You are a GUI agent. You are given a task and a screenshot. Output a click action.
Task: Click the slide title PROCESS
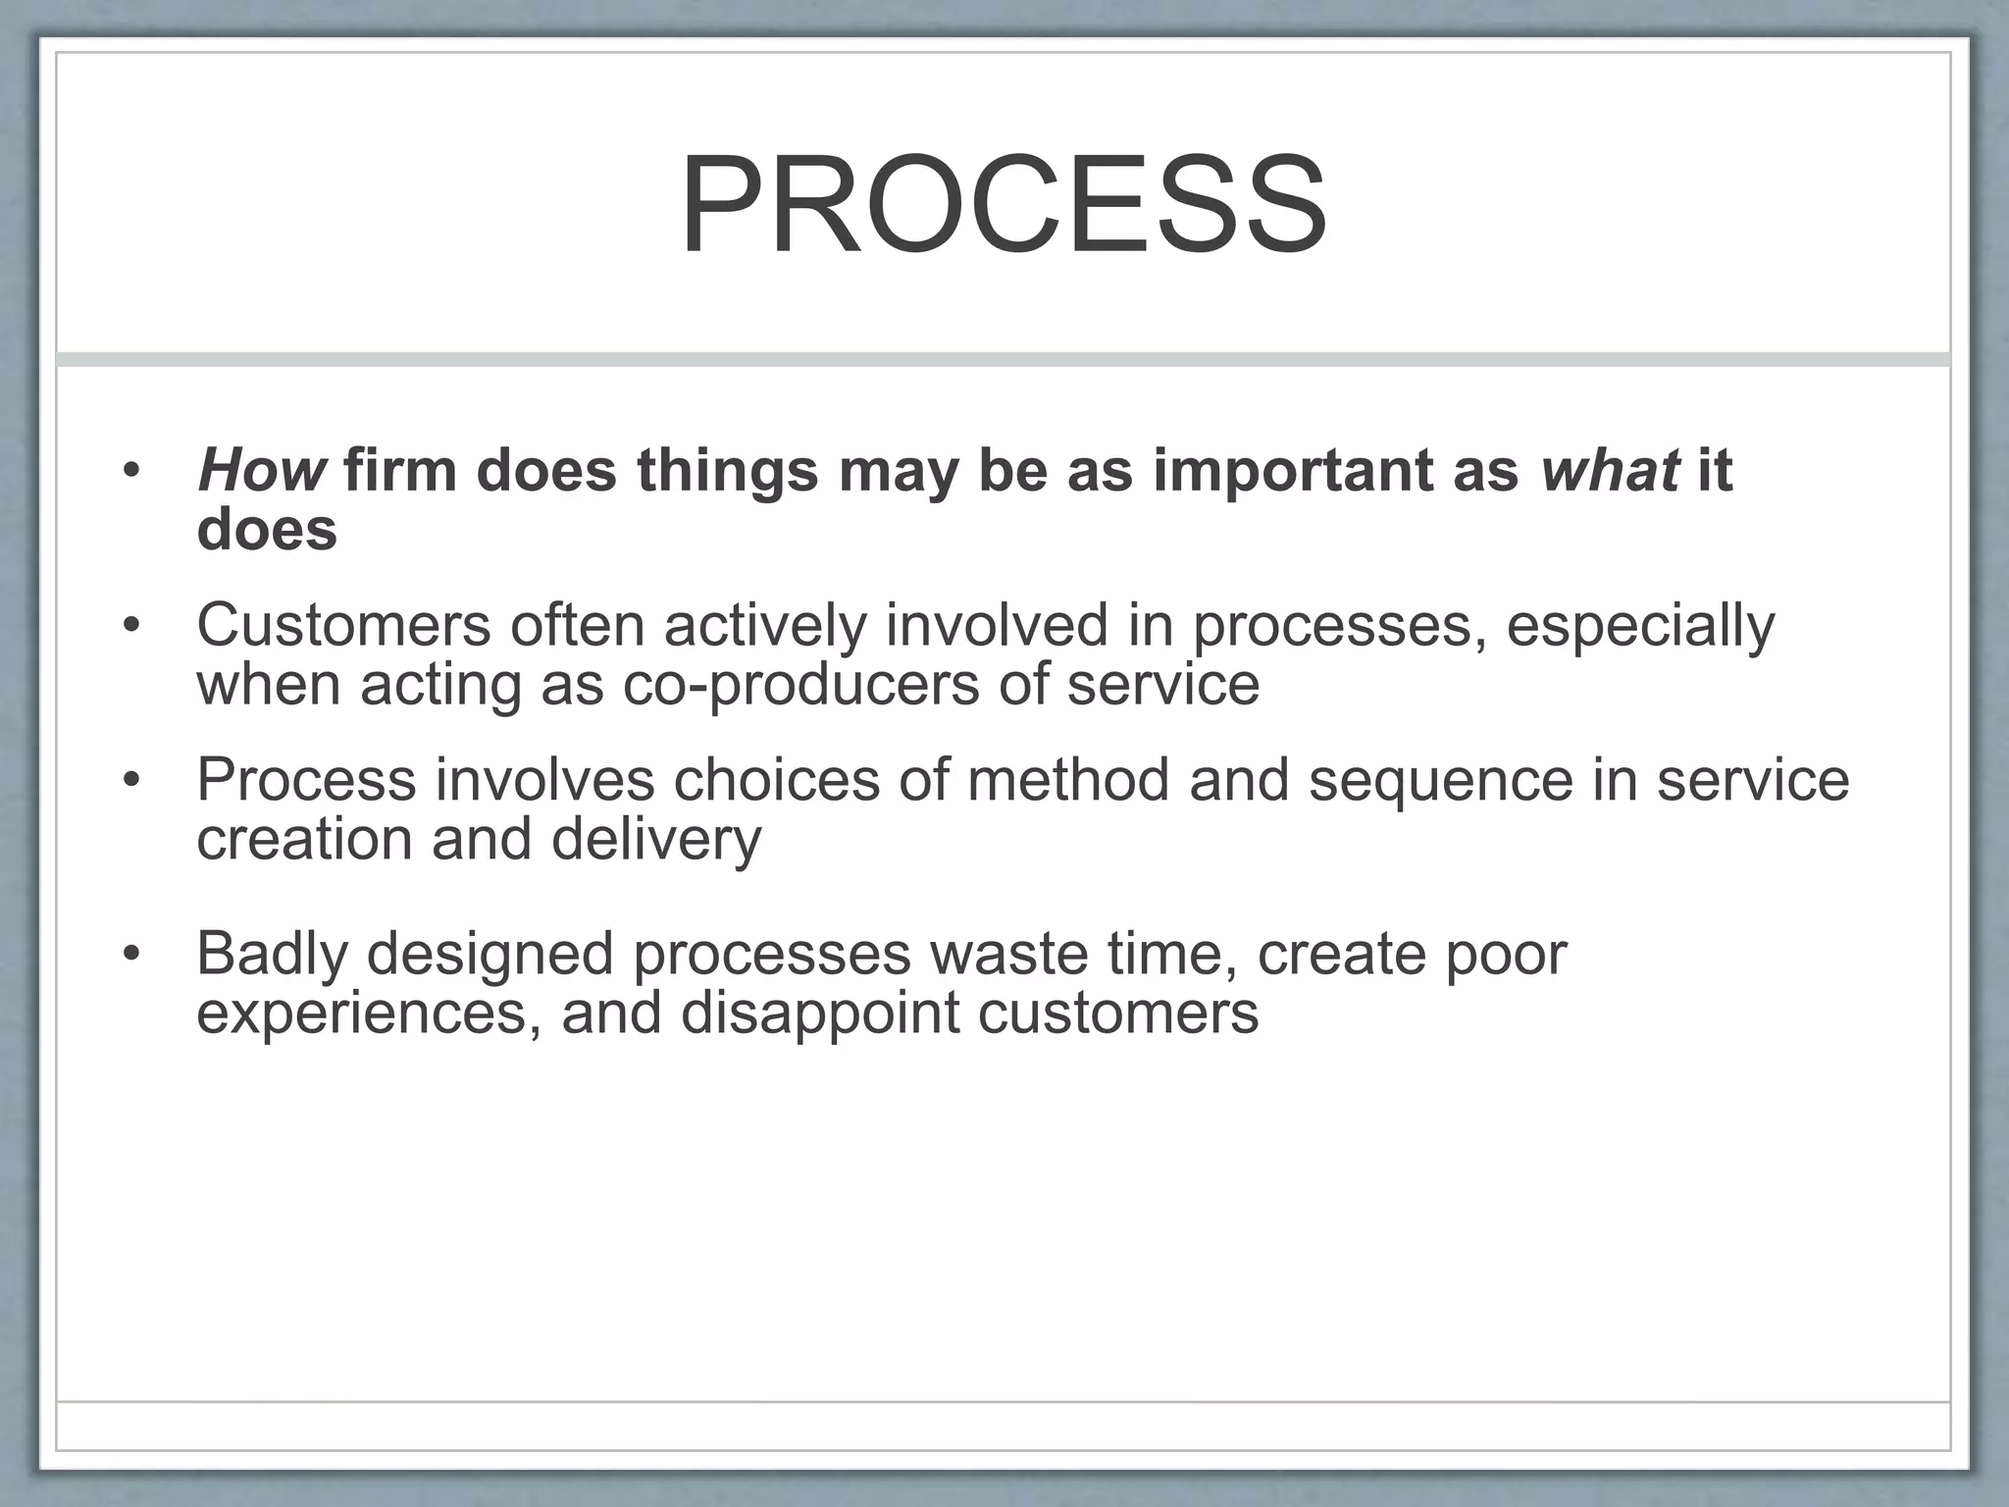click(1004, 207)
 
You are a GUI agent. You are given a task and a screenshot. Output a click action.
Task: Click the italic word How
click(261, 471)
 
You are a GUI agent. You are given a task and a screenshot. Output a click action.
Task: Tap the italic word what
click(1610, 471)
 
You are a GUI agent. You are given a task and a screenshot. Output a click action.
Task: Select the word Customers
click(343, 625)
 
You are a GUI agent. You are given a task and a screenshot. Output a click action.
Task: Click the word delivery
click(656, 841)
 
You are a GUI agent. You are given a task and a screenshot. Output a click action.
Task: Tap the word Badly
click(272, 954)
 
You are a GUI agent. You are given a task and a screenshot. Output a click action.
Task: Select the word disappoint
click(819, 1013)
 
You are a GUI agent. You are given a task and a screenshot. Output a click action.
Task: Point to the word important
click(1292, 471)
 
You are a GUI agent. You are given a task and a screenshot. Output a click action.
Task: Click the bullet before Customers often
click(132, 625)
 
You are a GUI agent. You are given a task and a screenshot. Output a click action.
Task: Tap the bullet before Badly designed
click(132, 954)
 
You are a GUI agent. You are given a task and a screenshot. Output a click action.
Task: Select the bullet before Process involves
click(132, 781)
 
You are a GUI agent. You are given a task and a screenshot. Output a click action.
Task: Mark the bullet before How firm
click(132, 471)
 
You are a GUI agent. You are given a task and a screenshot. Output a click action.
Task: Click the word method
click(1068, 780)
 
